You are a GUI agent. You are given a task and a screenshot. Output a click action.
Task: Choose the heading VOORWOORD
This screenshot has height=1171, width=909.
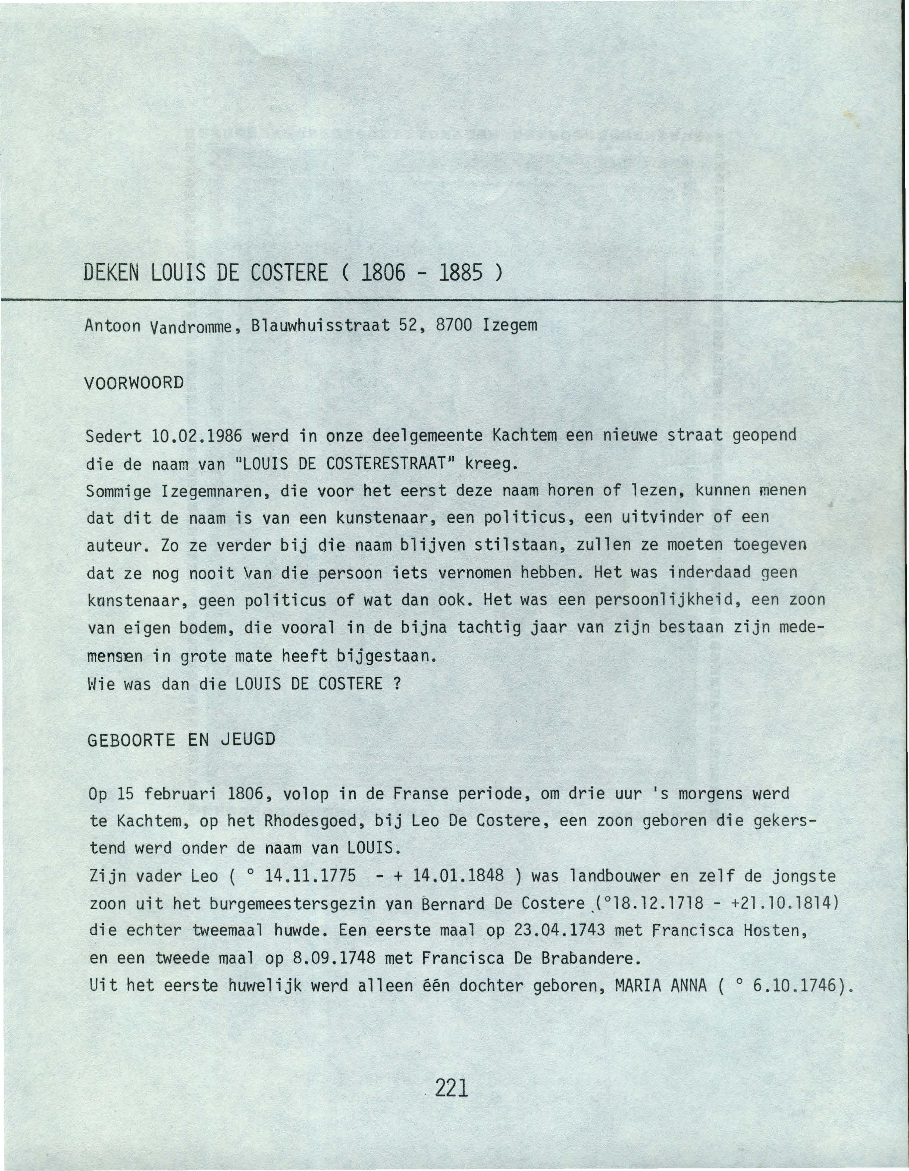click(x=134, y=383)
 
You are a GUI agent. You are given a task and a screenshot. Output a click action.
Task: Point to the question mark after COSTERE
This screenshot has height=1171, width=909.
click(x=398, y=684)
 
